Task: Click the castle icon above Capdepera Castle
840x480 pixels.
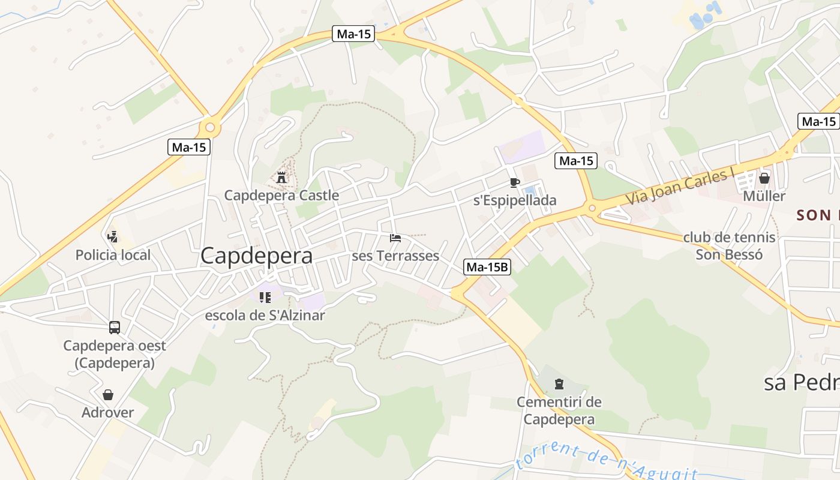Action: click(x=281, y=177)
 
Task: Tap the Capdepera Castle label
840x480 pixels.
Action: click(x=281, y=195)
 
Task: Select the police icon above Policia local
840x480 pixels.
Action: click(x=112, y=236)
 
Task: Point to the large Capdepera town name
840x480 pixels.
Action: click(x=256, y=256)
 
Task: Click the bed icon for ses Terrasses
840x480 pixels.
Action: click(x=395, y=238)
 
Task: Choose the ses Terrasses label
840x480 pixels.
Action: click(x=395, y=256)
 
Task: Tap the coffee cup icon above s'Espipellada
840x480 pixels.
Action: click(x=514, y=182)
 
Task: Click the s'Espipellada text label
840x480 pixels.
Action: click(x=515, y=200)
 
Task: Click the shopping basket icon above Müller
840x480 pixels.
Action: click(x=764, y=178)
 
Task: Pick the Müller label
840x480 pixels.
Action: click(x=764, y=196)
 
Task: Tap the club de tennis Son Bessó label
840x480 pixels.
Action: click(x=729, y=245)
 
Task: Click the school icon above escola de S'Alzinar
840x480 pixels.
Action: click(x=265, y=297)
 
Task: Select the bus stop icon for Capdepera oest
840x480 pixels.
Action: click(x=115, y=328)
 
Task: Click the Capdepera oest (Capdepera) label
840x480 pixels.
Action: click(x=115, y=354)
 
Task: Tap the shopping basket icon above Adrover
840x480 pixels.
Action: click(x=108, y=395)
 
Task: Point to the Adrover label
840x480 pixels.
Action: click(x=108, y=413)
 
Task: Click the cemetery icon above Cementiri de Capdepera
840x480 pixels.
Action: click(x=559, y=383)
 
